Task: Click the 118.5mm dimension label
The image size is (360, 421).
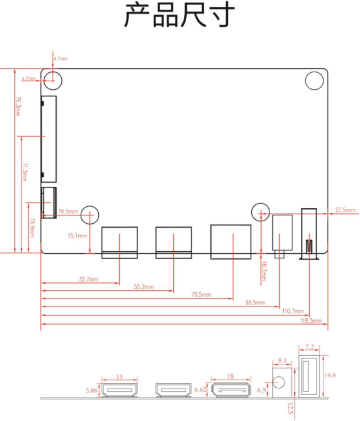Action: pos(311,321)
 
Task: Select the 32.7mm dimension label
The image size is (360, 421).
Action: pos(89,279)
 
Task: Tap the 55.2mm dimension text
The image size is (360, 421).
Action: pos(144,287)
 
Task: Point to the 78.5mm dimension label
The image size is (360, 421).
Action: pos(201,295)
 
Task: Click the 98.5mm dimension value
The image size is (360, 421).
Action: pos(255,303)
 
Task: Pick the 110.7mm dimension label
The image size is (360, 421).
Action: pos(293,311)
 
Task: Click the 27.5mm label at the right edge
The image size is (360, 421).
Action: pos(345,210)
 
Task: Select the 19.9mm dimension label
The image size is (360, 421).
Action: pos(68,211)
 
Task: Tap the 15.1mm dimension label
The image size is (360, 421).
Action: pos(77,236)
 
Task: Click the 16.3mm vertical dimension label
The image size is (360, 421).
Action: pos(264,271)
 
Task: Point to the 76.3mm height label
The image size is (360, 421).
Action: pos(18,106)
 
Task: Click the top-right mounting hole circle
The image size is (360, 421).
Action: pos(314,81)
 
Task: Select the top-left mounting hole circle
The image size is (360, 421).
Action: pos(53,81)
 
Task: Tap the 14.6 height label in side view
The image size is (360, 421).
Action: pos(329,375)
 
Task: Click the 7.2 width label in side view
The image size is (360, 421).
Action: pos(309,347)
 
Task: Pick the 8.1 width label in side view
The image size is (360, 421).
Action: pos(282,360)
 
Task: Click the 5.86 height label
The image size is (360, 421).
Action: pos(92,390)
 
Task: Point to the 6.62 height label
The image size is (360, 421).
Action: pos(200,390)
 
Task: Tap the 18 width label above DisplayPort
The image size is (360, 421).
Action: pos(230,377)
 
